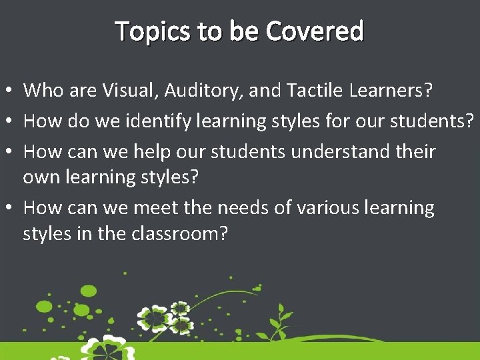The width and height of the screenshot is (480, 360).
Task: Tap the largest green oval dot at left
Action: tap(87, 291)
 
